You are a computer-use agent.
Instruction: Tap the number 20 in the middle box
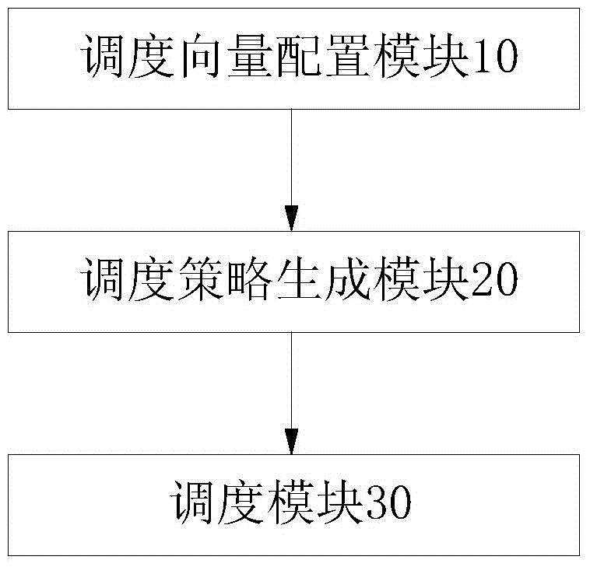coord(493,278)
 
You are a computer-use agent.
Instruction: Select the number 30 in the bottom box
coord(387,502)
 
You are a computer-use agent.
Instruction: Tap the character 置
coord(348,56)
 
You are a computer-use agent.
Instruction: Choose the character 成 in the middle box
coord(348,278)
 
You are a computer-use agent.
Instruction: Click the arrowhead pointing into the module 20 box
coord(292,218)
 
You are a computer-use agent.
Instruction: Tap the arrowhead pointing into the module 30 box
coord(292,442)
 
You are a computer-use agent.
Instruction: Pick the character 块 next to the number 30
coord(339,502)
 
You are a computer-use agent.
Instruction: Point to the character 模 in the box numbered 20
coord(397,278)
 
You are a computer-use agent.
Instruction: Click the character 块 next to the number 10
coord(446,56)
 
